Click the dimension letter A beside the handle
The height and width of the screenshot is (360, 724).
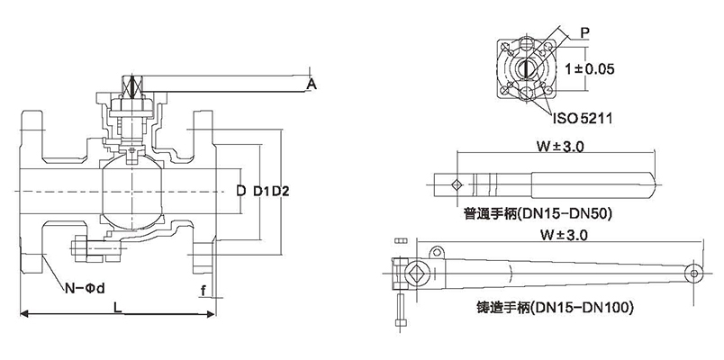point(311,84)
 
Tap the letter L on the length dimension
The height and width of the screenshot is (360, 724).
point(117,307)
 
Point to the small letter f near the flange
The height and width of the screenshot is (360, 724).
point(204,290)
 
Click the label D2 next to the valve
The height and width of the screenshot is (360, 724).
point(276,191)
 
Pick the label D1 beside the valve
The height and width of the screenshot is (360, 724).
point(259,191)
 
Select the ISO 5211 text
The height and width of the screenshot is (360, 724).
point(580,117)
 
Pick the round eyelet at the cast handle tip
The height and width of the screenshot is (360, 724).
point(694,273)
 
